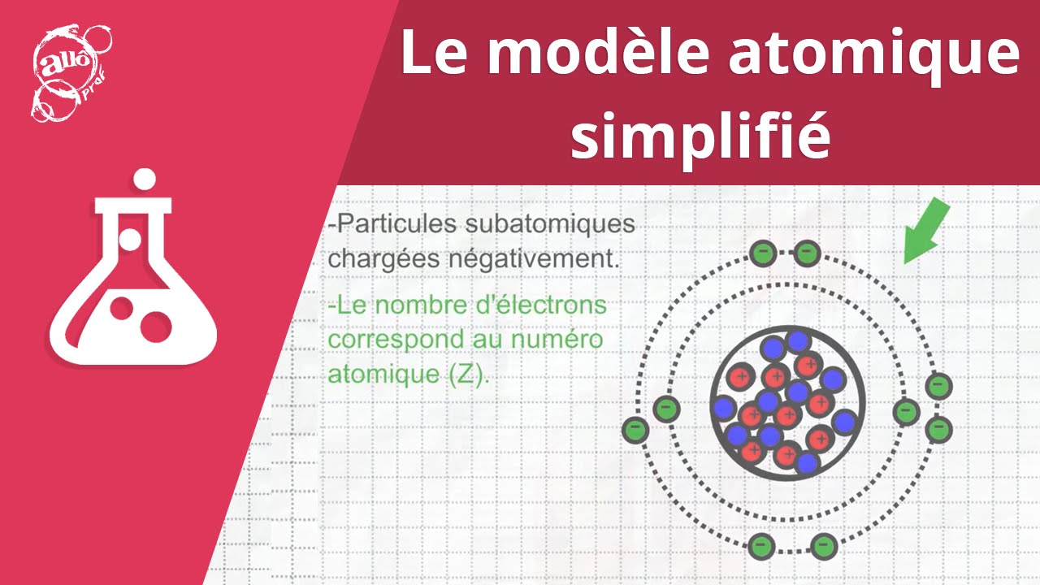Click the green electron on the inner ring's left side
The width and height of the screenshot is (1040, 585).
coord(666,409)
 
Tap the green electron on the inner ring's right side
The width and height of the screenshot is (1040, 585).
coord(906,412)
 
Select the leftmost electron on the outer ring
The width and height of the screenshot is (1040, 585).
coord(635,429)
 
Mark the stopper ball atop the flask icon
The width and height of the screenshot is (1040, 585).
coord(145,179)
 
